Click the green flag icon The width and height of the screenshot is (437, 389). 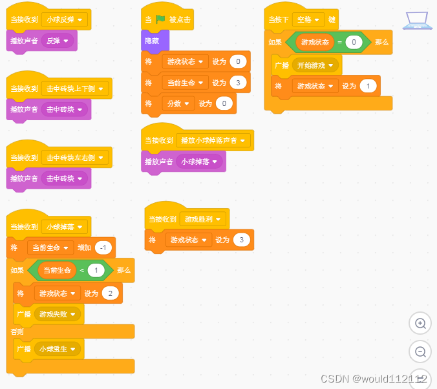click(x=160, y=19)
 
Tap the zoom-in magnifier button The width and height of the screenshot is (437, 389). click(x=420, y=323)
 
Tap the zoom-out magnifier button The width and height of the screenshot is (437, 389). click(x=420, y=352)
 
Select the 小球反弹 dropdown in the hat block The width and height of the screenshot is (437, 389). click(x=65, y=19)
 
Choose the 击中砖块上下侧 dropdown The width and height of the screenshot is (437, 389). click(x=75, y=89)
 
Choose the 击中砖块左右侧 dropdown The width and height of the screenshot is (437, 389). click(x=75, y=158)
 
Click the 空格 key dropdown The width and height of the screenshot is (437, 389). click(x=308, y=19)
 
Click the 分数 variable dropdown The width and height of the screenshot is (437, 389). click(x=178, y=103)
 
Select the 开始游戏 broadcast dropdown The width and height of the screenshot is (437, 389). click(x=315, y=65)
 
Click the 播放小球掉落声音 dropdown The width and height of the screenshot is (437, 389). click(x=214, y=140)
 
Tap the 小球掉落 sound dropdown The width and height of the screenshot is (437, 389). click(x=199, y=162)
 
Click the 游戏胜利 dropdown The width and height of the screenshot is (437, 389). click(x=203, y=219)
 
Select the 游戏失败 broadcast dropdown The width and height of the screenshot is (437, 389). click(x=58, y=315)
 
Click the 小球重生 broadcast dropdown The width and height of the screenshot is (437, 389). click(x=58, y=349)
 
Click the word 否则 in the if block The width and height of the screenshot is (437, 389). click(x=17, y=331)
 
